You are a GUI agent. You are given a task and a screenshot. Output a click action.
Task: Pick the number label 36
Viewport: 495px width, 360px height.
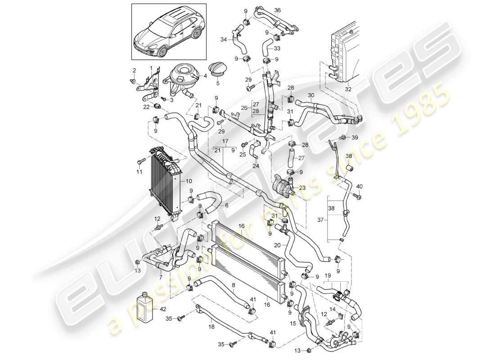pos(278,10)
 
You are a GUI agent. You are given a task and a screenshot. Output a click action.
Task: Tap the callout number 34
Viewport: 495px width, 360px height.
pos(225,39)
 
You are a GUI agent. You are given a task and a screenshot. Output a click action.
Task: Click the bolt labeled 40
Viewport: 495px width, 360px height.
pos(357,196)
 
